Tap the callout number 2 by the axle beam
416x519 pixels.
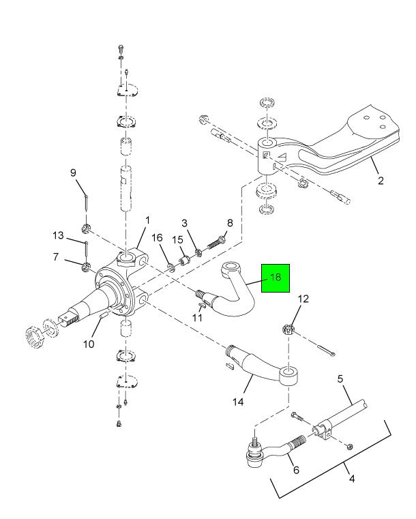tap(381, 181)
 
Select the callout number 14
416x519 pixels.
tap(239, 402)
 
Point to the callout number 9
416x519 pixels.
tap(74, 173)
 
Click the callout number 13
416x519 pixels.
tap(59, 235)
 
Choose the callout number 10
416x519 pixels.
tap(89, 344)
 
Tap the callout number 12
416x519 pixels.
tap(303, 298)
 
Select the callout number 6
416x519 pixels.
tap(296, 470)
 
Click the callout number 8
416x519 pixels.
tap(230, 222)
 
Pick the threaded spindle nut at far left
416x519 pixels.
tap(34, 336)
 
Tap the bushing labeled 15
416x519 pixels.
tap(183, 262)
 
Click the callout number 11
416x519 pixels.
tap(197, 318)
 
